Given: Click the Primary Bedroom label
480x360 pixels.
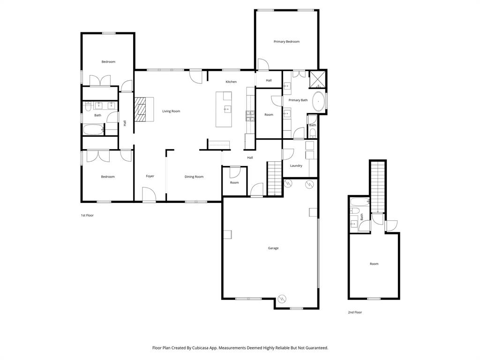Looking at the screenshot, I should click(286, 42).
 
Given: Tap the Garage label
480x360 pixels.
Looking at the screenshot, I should click(273, 248).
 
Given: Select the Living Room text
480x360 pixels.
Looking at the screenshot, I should click(171, 111).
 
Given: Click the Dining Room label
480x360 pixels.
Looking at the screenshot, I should click(194, 177).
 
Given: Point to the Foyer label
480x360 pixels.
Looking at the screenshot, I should click(150, 176).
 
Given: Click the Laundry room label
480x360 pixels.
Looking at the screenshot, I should click(296, 165).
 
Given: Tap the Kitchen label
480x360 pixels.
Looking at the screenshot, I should click(231, 82).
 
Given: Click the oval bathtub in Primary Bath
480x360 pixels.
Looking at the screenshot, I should click(319, 102).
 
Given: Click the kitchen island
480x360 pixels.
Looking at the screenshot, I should click(224, 109).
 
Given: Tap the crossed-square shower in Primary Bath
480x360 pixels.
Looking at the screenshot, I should click(318, 79).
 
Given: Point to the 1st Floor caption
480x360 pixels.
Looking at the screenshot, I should click(88, 215).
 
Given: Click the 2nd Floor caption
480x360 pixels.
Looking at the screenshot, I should click(355, 312).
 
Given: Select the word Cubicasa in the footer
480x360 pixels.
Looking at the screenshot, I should click(201, 348).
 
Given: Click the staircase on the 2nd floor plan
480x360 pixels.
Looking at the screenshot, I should click(378, 185).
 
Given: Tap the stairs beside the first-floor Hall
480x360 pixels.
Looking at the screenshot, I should click(274, 178).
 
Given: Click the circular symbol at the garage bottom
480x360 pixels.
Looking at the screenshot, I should click(282, 298).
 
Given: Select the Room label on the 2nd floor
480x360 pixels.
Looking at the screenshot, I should click(374, 264).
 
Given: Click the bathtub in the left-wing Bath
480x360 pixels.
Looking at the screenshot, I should click(93, 130).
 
